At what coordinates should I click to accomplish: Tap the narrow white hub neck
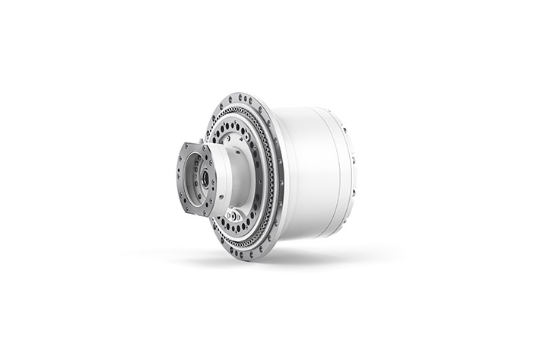(240, 175)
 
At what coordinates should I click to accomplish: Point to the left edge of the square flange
(177, 177)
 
